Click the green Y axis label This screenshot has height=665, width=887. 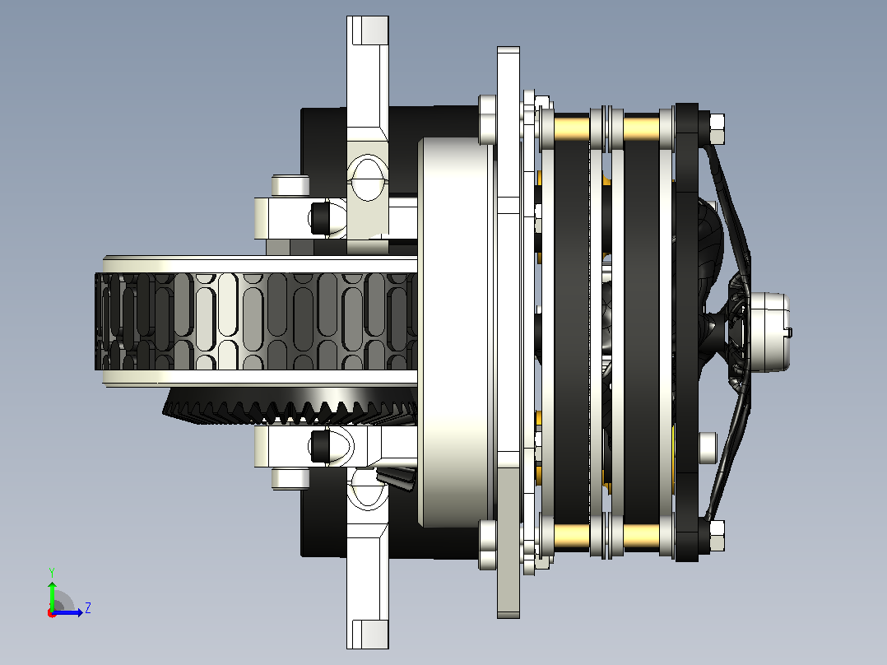52,572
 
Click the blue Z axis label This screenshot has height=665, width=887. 88,608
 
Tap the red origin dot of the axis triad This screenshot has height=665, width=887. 52,613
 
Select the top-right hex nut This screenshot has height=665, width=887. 716,129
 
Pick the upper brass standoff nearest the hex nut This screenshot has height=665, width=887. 642,128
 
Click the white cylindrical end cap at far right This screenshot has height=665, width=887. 769,332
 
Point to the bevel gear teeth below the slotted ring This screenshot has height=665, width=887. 290,406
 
